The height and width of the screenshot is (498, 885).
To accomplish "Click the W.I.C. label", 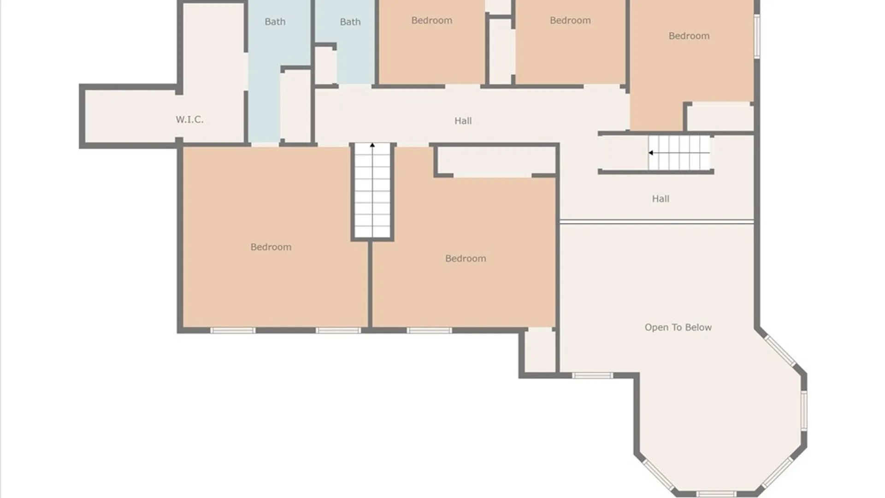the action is tap(189, 120).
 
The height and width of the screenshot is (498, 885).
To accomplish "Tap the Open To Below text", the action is tap(678, 327).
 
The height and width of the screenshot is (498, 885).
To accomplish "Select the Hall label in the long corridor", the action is tap(463, 121).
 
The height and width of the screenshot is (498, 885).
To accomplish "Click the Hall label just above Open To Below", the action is tap(661, 199).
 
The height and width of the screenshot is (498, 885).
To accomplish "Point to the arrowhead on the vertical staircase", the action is tap(372, 145).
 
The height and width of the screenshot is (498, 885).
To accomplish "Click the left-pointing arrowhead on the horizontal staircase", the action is tap(651, 153).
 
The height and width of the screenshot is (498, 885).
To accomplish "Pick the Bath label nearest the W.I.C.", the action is tap(275, 22).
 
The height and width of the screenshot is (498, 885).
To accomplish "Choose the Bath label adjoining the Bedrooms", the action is tap(350, 22).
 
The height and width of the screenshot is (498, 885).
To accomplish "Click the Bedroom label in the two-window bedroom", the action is tap(271, 247).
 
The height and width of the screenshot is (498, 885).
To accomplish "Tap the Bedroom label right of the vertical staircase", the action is tap(466, 259).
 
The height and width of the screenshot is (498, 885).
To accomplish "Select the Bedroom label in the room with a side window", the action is tap(689, 36).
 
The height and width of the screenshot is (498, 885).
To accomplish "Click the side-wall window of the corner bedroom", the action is tap(757, 36).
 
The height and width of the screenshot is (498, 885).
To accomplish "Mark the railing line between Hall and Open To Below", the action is tap(657, 222).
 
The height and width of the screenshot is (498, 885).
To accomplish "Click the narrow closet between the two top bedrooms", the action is tap(500, 51).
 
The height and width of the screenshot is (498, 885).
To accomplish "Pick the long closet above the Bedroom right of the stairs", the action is tap(496, 160).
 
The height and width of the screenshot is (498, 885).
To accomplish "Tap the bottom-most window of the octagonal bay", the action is tap(716, 494).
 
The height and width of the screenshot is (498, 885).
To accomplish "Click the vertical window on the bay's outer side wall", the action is tap(804, 411).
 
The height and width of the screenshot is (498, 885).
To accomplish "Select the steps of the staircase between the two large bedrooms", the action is tap(372, 191).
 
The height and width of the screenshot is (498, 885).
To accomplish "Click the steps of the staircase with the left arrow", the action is tap(679, 153).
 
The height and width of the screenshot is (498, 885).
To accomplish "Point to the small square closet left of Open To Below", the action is tap(540, 350).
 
